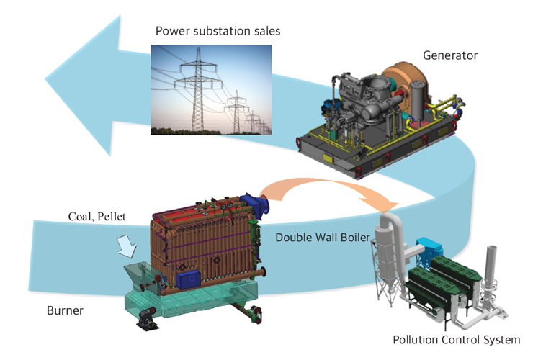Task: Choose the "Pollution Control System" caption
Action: pyautogui.click(x=455, y=340)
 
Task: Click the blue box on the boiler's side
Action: pyautogui.click(x=189, y=277)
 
